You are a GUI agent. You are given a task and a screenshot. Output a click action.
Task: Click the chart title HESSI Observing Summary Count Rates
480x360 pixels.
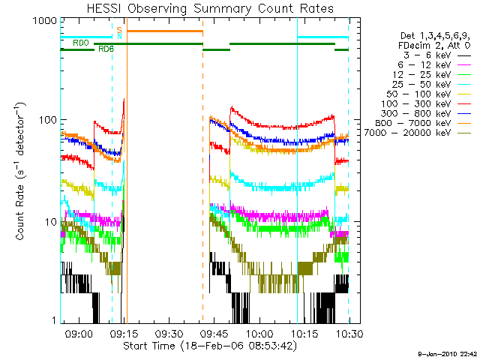204,8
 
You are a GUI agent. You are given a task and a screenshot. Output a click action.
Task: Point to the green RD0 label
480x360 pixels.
80,43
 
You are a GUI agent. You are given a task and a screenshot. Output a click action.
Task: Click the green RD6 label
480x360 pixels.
106,49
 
